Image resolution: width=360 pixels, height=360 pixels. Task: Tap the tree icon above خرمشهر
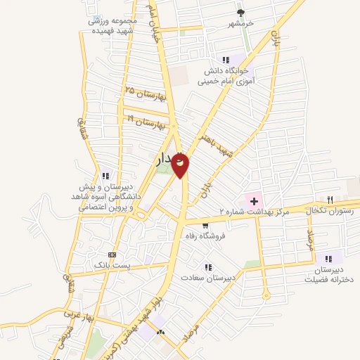240,12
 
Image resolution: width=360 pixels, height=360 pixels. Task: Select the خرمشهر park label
240,23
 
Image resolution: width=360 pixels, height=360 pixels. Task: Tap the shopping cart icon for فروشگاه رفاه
205,226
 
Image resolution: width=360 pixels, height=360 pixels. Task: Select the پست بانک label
111,264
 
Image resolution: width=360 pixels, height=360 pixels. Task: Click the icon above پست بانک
112,254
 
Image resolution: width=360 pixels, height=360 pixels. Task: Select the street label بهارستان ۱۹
146,122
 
